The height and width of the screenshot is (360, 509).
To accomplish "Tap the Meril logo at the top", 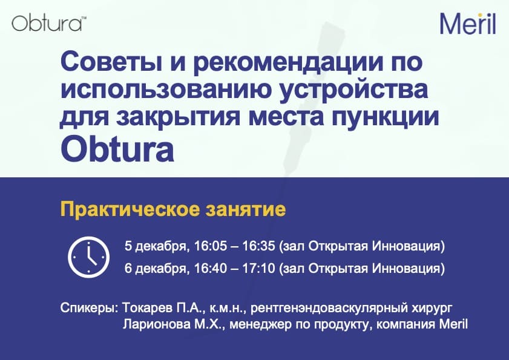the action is tap(468, 24).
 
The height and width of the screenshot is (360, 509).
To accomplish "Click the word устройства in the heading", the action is tap(354, 90).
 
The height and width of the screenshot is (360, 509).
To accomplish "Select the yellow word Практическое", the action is tap(130, 209).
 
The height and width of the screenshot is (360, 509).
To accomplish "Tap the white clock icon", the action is tap(88, 257).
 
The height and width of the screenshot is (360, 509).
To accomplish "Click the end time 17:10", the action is tap(258, 268).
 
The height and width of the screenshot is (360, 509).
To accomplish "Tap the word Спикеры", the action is tap(89, 308).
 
